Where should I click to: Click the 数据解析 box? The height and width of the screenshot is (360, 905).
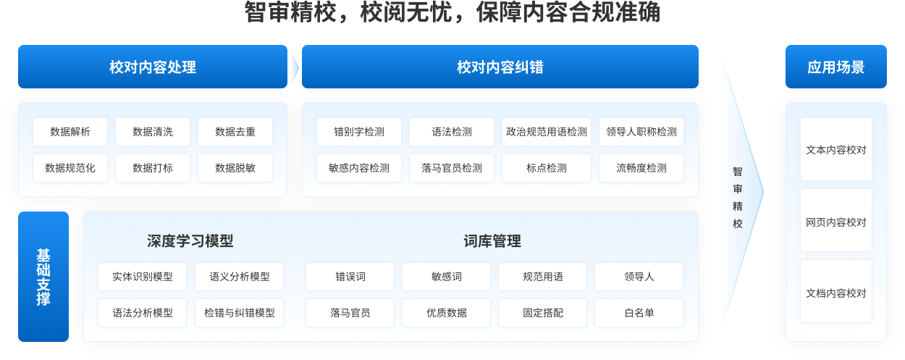coord(70,132)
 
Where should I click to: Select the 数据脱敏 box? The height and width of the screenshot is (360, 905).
coord(235,168)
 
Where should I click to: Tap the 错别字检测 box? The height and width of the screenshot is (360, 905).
coord(359,132)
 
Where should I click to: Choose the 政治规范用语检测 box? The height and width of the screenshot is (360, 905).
coord(547,132)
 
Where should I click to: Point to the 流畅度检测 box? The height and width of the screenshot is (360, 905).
coord(641,168)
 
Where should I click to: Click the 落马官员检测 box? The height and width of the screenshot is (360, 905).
coord(452,168)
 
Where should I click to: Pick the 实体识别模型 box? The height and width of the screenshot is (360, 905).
coord(143,277)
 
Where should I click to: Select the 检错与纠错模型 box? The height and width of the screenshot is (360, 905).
coord(240,313)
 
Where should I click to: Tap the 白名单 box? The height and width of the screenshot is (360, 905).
coord(639,313)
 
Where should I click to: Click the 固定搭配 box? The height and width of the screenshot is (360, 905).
coord(543,313)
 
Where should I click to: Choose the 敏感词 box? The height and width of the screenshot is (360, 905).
coord(447,277)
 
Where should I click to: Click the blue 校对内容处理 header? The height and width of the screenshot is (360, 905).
coord(153,67)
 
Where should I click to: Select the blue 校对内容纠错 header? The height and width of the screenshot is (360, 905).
coord(500,67)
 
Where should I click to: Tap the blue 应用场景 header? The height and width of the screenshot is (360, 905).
coord(836,67)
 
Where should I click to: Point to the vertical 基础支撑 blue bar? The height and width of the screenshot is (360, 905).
coord(43,277)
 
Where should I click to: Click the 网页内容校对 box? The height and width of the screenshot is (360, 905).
coord(836,222)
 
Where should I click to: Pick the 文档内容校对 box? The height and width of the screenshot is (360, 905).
coord(836,293)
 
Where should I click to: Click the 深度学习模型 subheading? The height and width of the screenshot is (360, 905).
coord(190,241)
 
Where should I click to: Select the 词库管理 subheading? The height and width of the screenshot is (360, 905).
coord(492,241)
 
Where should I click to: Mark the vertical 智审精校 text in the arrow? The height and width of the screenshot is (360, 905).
coord(738,197)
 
